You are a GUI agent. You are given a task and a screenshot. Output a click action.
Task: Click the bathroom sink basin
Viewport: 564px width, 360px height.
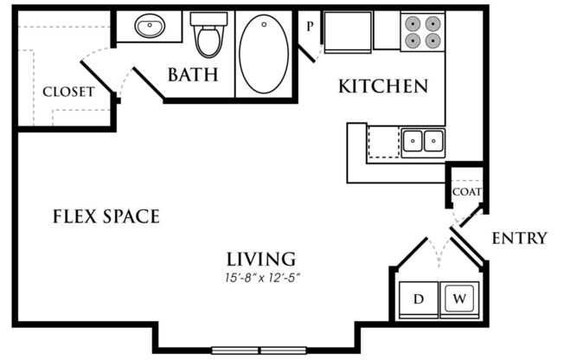click(150, 26)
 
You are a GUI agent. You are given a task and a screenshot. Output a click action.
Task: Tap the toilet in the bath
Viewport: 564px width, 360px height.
click(208, 35)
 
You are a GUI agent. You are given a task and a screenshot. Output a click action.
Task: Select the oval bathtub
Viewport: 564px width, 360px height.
click(264, 54)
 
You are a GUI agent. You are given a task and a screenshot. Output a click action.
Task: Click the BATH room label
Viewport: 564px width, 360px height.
click(193, 74)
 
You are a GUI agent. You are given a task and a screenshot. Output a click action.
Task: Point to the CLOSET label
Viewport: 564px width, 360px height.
click(68, 92)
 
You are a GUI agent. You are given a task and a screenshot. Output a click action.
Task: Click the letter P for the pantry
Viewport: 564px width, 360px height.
click(310, 26)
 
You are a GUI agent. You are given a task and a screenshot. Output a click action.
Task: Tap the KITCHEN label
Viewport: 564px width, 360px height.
click(383, 87)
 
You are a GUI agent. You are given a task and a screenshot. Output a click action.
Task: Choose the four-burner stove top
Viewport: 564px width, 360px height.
click(423, 32)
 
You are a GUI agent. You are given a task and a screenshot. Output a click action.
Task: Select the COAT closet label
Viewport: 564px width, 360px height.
click(467, 192)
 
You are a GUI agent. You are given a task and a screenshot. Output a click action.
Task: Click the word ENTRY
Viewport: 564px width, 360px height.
click(519, 238)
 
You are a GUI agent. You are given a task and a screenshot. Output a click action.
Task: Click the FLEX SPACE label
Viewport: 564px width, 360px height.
click(106, 216)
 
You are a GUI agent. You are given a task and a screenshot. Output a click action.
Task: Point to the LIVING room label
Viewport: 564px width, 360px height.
click(261, 260)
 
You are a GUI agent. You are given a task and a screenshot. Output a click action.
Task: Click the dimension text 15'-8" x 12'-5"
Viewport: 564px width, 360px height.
click(263, 278)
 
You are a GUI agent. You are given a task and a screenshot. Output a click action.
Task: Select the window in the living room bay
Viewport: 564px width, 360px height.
click(259, 350)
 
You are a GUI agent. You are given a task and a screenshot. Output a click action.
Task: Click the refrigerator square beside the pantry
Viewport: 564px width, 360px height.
click(348, 32)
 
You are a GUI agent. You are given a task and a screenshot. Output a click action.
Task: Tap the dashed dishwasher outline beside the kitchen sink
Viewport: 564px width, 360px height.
click(383, 142)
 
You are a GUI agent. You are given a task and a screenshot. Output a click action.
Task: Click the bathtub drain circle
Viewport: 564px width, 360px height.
click(265, 24)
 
